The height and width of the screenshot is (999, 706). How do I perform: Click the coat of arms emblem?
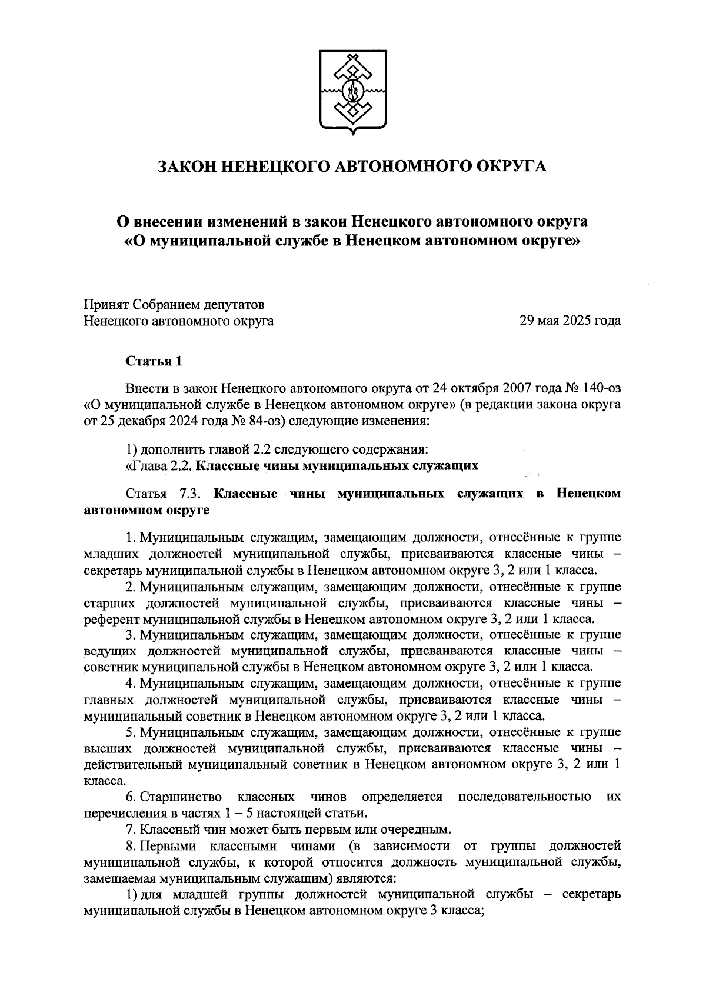coord(352,91)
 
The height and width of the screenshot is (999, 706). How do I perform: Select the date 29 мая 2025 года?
coord(570,321)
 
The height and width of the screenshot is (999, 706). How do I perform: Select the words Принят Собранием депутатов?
coord(174,305)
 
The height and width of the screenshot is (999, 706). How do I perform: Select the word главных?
coord(109,700)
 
